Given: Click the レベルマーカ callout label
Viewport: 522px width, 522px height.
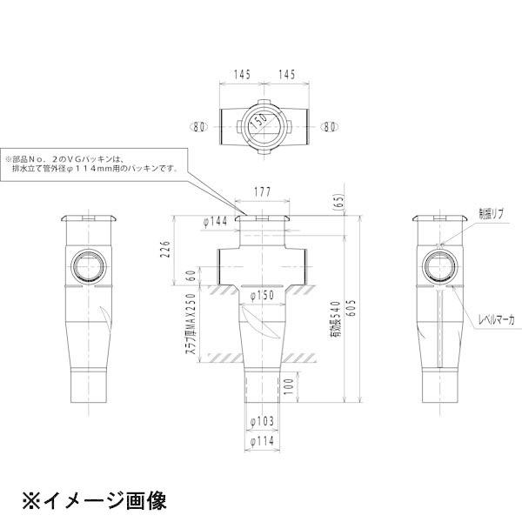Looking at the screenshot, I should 497,321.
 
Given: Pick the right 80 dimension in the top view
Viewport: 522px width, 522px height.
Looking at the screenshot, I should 329,126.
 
